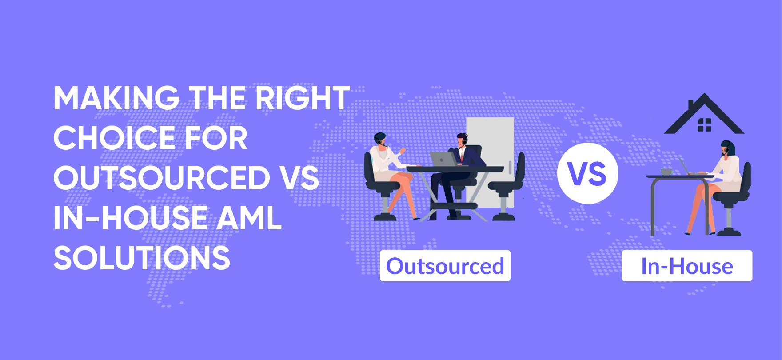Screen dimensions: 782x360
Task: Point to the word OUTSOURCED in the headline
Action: point(162,178)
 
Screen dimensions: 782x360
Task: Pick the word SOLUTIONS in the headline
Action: point(142,258)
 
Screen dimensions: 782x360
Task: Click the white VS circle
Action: point(587,173)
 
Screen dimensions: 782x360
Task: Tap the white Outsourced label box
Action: point(445,266)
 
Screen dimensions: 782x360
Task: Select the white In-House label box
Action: point(687,266)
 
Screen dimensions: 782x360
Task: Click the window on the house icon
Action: point(704,125)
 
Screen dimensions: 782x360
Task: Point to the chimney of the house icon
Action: point(691,105)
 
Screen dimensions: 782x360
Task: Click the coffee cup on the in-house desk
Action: point(666,172)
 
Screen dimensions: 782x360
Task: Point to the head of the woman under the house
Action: point(728,148)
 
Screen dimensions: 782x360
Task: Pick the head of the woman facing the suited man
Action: point(380,140)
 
